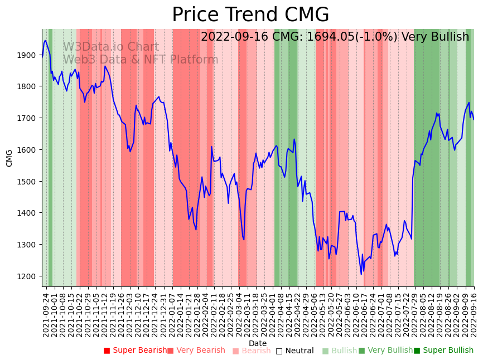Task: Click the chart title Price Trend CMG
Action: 250,15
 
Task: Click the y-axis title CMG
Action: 9,158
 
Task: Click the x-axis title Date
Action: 258,343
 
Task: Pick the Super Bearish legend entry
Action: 135,351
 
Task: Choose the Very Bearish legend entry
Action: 196,351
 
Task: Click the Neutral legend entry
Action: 294,351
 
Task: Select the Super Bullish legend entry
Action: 443,351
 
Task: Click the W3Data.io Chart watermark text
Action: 110,47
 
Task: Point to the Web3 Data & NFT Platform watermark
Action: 140,60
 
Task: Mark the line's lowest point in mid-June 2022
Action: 361,274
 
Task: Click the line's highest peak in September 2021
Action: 45,40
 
